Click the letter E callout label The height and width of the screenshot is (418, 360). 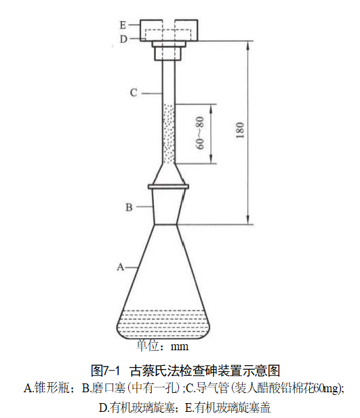[x=123, y=25]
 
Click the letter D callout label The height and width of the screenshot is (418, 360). [x=123, y=39]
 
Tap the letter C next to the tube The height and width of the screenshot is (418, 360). [x=134, y=93]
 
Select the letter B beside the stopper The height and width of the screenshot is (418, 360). [x=129, y=207]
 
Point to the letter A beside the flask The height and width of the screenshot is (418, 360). [x=121, y=267]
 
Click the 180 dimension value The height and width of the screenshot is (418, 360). [x=240, y=130]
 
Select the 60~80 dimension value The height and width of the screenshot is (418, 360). [x=200, y=133]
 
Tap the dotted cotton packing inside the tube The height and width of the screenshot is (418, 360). [x=169, y=134]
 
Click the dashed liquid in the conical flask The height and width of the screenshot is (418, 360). [x=163, y=324]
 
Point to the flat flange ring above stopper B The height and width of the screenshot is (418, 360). [x=168, y=186]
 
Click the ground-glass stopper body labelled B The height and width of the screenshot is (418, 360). [x=167, y=207]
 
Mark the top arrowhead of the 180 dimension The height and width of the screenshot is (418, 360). [x=248, y=45]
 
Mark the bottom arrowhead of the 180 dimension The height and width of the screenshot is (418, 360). [x=248, y=220]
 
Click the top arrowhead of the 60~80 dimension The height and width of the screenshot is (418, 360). [x=211, y=108]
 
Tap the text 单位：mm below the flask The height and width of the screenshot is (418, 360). [x=163, y=346]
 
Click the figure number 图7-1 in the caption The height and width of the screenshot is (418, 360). [x=105, y=371]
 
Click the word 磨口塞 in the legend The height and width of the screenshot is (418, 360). [x=109, y=388]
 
